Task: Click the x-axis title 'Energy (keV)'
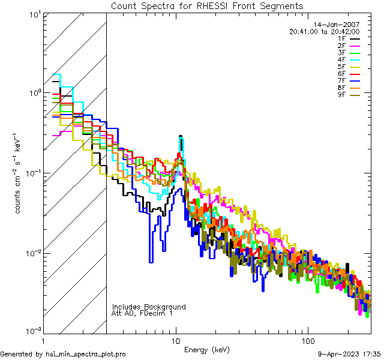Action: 207,349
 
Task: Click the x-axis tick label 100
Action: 307,340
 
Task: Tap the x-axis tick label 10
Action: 176,340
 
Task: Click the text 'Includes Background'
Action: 149,307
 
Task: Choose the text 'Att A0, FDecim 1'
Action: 142,313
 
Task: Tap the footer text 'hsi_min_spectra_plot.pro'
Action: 86,354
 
